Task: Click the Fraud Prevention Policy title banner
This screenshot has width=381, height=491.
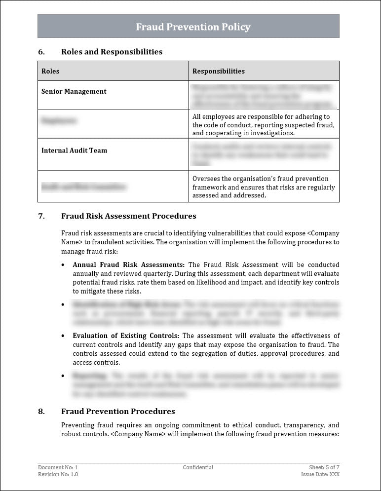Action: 193,27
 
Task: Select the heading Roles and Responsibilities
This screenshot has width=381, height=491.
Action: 112,52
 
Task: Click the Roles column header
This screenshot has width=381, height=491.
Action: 50,71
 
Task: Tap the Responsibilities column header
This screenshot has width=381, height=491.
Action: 218,71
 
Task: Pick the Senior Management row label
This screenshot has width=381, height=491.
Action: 74,91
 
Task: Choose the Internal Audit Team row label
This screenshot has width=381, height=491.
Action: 74,151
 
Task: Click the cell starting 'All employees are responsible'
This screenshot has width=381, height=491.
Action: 263,125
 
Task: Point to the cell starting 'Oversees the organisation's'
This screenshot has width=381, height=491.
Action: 263,187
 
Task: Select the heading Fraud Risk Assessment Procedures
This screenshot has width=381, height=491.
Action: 128,216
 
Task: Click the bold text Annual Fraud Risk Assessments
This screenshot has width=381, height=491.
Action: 129,265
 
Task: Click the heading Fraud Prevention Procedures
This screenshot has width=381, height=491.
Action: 118,412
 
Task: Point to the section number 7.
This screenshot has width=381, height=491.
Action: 41,216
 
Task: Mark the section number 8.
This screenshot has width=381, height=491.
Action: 41,412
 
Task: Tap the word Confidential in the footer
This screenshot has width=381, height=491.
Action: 198,467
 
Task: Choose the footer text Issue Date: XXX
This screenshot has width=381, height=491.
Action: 320,474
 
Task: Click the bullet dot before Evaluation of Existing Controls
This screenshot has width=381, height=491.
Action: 63,336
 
